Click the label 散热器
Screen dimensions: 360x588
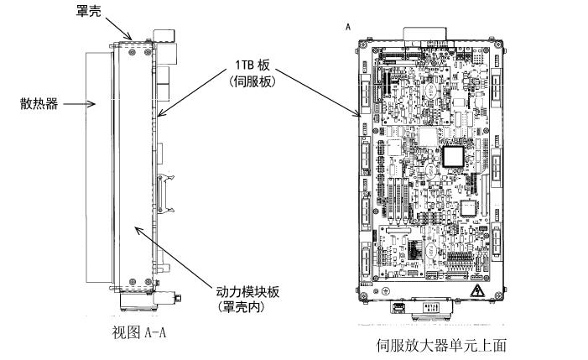(x=38, y=104)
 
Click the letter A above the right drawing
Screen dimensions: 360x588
(x=347, y=27)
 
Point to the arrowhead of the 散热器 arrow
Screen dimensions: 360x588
(x=99, y=105)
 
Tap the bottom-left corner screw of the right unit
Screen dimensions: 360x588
(x=366, y=296)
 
